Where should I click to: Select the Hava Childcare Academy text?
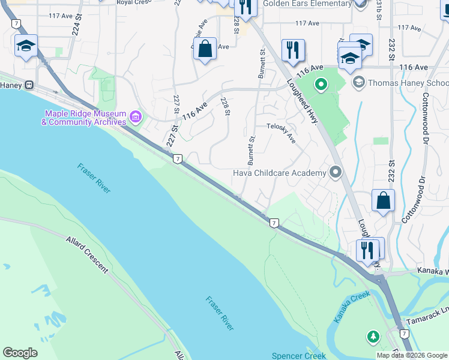pyautogui.click(x=279, y=173)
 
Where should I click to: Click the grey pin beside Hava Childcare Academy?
pyautogui.click(x=336, y=173)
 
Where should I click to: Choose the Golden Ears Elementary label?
pyautogui.click(x=307, y=4)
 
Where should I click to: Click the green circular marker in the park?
pyautogui.click(x=321, y=85)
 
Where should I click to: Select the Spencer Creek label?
pyautogui.click(x=298, y=355)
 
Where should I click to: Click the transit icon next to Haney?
pyautogui.click(x=28, y=85)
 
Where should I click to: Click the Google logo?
pyautogui.click(x=20, y=353)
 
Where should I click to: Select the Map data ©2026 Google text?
pyautogui.click(x=412, y=355)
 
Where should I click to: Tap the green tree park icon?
pyautogui.click(x=373, y=337)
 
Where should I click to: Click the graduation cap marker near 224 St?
pyautogui.click(x=26, y=46)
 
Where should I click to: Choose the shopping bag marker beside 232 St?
pyautogui.click(x=383, y=200)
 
